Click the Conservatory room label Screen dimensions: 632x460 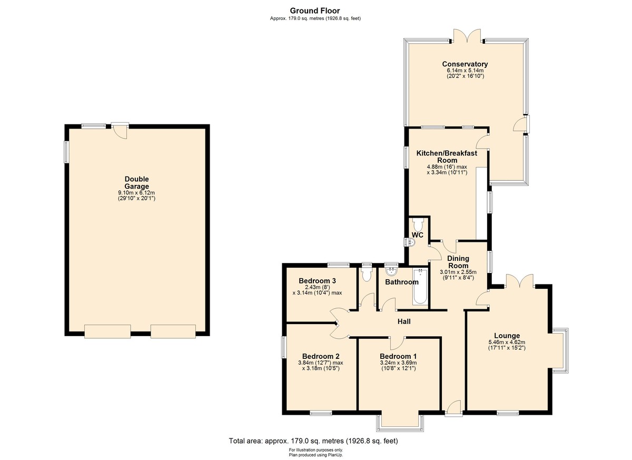click(x=465, y=64)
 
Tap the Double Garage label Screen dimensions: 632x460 click(x=137, y=183)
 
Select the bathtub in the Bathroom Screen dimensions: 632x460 click(x=420, y=287)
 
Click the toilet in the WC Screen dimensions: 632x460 click(x=418, y=224)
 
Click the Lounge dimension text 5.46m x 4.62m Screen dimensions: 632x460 click(x=507, y=342)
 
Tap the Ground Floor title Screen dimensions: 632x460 click(x=315, y=11)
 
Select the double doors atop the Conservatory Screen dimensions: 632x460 click(x=467, y=36)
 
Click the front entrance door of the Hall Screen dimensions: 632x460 click(x=454, y=408)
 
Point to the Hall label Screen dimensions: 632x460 click(x=404, y=321)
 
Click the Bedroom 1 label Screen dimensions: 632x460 click(x=398, y=356)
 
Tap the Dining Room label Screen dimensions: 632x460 click(x=458, y=262)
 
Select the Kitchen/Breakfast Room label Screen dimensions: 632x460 click(x=447, y=156)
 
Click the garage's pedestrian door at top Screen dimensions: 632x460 click(x=120, y=130)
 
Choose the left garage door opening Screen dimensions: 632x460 click(x=107, y=331)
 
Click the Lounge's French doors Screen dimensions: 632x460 click(x=519, y=281)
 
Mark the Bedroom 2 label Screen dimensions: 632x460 click(x=321, y=356)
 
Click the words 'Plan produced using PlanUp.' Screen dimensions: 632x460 click(x=315, y=455)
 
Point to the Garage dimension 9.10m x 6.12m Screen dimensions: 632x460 click(x=136, y=193)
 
